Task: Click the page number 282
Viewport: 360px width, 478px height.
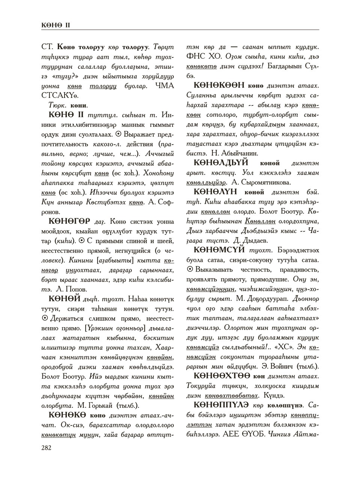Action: tap(46, 447)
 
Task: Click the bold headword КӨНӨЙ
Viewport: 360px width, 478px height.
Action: tap(65, 299)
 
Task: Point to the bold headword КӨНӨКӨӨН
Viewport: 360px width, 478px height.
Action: tap(219, 86)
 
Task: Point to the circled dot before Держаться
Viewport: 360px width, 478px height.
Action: tap(44, 319)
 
